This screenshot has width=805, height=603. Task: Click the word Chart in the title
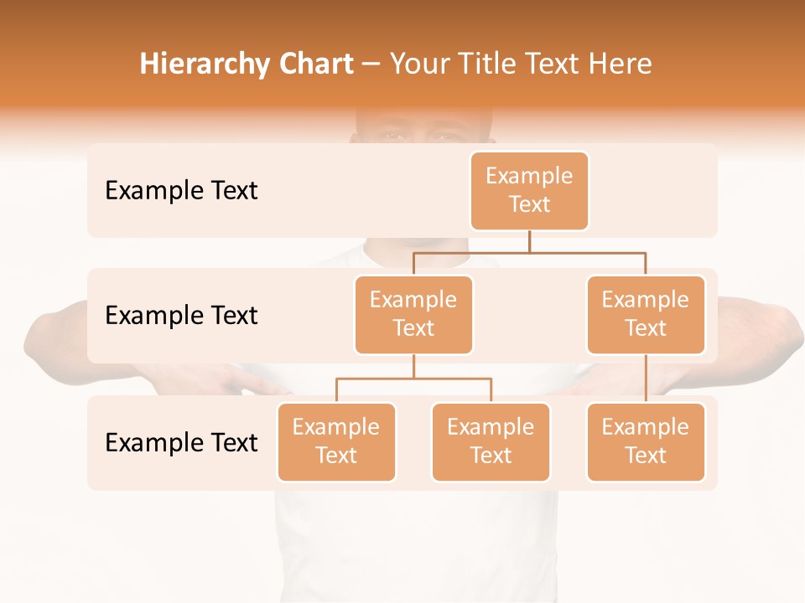(312, 64)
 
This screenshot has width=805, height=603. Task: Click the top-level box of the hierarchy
(529, 190)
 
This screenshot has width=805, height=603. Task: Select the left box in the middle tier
(413, 314)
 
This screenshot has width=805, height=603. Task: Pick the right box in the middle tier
(646, 314)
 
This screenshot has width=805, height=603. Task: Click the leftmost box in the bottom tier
(336, 441)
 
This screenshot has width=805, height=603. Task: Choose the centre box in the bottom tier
(491, 441)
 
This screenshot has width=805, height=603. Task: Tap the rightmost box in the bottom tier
(646, 441)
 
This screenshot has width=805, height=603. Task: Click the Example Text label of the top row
(181, 190)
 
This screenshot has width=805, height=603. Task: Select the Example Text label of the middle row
(181, 315)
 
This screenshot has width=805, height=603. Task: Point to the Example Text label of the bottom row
(181, 442)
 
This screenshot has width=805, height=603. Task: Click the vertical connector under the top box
(529, 241)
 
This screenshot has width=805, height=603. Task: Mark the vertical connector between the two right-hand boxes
(646, 379)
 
